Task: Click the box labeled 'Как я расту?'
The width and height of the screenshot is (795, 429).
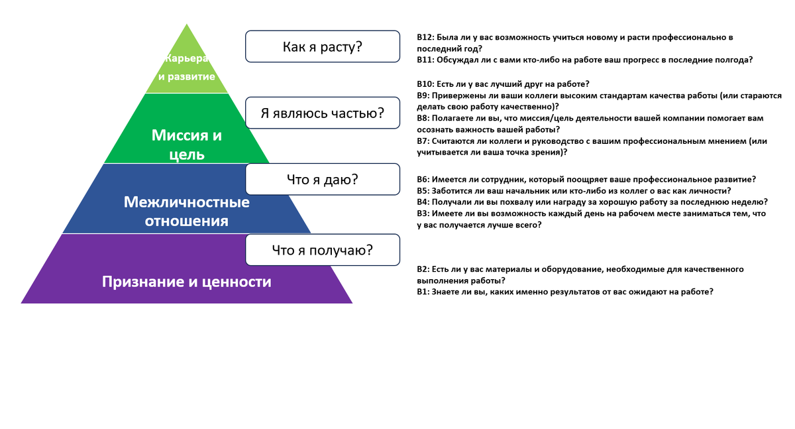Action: (323, 47)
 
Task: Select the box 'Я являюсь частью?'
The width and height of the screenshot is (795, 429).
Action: (323, 113)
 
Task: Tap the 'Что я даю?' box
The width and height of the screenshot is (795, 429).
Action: (323, 179)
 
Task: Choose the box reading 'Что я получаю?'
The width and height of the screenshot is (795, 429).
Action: (323, 250)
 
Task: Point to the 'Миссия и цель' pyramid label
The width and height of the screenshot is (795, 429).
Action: (187, 145)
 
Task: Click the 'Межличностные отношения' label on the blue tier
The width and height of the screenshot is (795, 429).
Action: (187, 211)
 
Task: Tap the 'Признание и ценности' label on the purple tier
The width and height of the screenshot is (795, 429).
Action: (187, 282)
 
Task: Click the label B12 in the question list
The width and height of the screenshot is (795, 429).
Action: (425, 38)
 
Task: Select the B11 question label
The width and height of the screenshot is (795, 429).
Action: (425, 60)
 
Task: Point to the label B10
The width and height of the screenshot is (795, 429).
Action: (425, 84)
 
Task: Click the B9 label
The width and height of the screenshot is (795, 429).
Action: (423, 95)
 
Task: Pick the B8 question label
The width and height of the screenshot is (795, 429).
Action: (423, 118)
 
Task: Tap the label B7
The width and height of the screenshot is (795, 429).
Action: (423, 141)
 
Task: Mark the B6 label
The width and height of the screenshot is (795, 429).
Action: (423, 180)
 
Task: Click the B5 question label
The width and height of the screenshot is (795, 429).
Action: (423, 191)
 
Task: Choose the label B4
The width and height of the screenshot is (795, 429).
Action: (423, 202)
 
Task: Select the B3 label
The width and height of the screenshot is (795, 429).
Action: (423, 214)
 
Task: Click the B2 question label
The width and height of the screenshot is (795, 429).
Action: (423, 269)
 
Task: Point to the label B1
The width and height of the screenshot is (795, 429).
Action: (423, 292)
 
